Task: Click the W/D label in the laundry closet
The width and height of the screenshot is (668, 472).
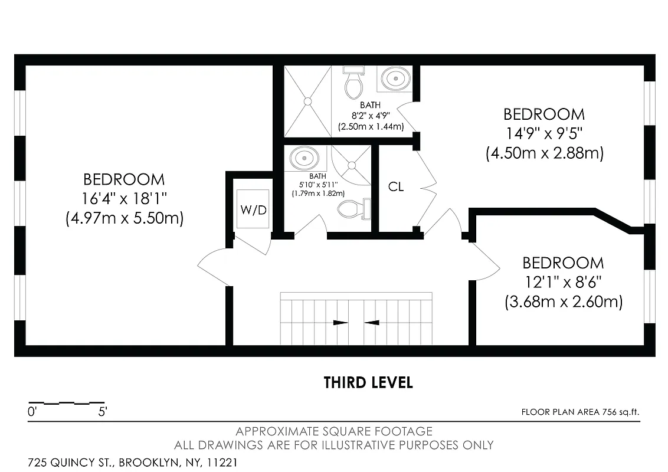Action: pos(253,210)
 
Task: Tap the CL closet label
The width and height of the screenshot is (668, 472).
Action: pos(396,187)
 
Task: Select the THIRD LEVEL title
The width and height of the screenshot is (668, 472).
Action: pos(368,382)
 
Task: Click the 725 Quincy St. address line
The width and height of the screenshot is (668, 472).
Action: pos(133,462)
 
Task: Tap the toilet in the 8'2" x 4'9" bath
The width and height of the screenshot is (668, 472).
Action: pos(353,84)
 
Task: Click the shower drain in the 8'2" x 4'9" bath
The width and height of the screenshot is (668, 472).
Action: pos(307,101)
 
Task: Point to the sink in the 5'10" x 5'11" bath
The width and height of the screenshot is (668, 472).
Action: pos(304,158)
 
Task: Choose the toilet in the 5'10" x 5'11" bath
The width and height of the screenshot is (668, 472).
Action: pos(352,208)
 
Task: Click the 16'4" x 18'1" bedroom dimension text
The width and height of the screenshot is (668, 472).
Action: pos(124,199)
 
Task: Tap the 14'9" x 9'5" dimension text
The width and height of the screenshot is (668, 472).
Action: pos(544,133)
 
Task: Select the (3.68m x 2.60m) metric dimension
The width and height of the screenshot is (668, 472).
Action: pos(564,302)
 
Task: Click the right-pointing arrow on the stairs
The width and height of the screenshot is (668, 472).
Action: pos(340,323)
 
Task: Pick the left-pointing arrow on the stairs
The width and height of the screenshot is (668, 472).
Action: pos(372,323)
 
